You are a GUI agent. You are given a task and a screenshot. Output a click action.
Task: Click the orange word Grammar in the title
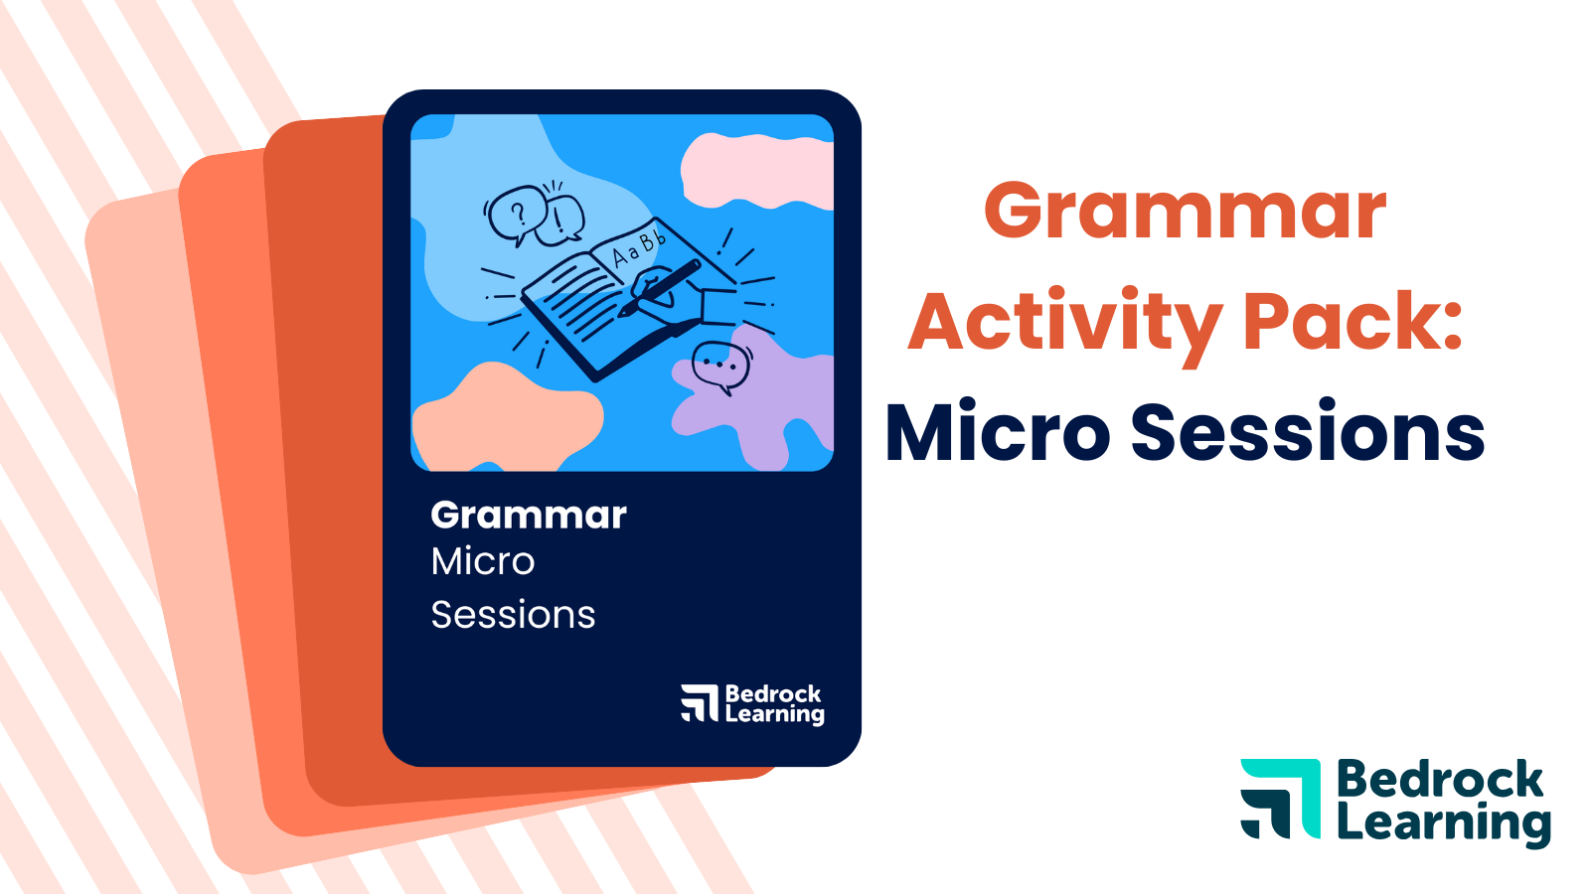point(1185,211)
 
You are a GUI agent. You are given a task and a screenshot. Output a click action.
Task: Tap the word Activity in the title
point(1064,322)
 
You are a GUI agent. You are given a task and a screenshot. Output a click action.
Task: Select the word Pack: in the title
point(1353,322)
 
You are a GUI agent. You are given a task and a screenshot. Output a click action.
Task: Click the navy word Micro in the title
point(997,433)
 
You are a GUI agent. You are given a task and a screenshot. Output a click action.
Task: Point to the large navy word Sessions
point(1308,433)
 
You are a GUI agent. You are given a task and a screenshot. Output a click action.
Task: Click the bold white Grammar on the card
point(529,516)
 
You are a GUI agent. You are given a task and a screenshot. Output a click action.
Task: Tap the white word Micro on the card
point(483,562)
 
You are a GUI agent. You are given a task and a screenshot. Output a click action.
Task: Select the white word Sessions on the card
point(513,615)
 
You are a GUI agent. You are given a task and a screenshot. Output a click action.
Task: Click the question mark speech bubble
point(515,213)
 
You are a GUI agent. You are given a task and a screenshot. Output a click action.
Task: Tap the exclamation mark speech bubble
point(561,219)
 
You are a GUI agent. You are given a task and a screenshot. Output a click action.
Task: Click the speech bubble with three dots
point(720,366)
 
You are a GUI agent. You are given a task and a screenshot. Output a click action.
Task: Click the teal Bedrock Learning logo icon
point(1280,798)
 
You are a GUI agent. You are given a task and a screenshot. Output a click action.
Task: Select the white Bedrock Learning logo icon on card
point(700,702)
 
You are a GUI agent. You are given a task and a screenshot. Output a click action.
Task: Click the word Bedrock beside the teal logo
point(1440,780)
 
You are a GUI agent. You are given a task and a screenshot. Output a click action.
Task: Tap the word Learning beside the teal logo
point(1443,824)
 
